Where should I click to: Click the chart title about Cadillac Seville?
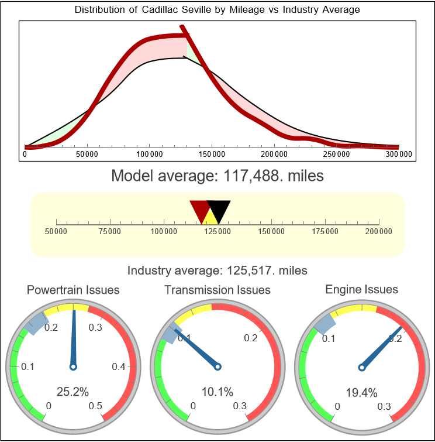click(x=217, y=10)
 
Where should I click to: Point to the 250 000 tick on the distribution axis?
click(x=336, y=154)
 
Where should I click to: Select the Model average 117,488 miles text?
click(x=217, y=175)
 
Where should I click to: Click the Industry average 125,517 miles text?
click(x=217, y=270)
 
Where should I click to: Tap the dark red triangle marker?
click(x=200, y=209)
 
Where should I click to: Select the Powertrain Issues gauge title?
click(x=73, y=290)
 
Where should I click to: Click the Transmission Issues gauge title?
click(x=217, y=290)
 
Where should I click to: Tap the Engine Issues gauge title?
click(x=361, y=289)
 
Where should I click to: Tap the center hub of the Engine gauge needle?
click(x=361, y=366)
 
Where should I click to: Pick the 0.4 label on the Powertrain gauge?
click(x=119, y=367)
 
